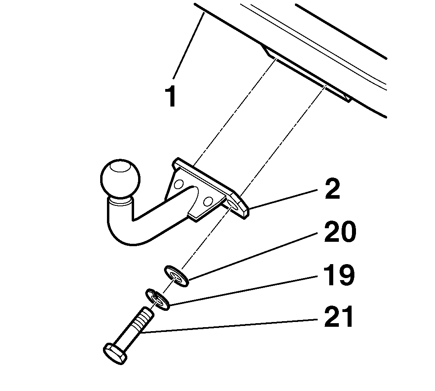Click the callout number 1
point(172,96)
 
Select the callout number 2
point(332,189)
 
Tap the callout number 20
point(339,233)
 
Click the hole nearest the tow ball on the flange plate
point(179,184)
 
